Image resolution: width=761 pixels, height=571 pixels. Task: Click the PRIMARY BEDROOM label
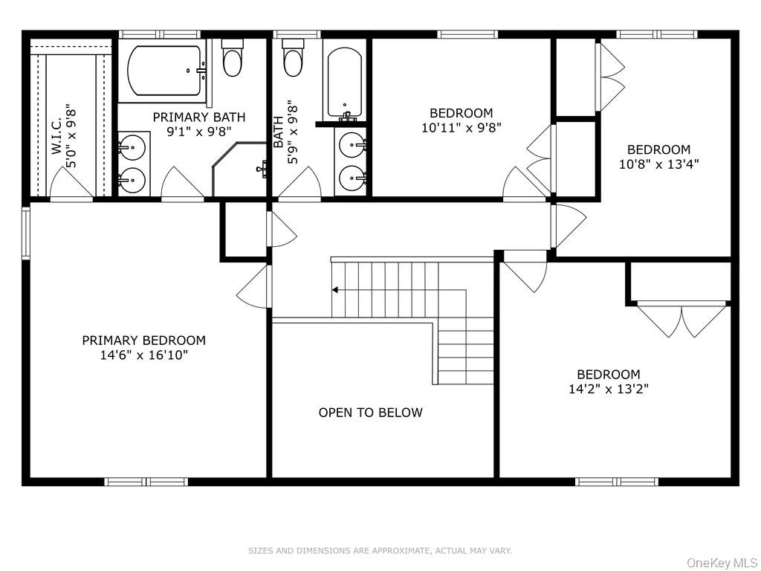tap(143, 341)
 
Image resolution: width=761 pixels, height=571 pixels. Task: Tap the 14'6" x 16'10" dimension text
tap(143, 355)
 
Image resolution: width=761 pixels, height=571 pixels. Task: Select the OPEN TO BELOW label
tap(370, 413)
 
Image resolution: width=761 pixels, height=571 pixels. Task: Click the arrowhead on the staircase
tap(335, 290)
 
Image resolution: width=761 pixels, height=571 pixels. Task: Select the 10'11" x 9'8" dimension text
tap(461, 128)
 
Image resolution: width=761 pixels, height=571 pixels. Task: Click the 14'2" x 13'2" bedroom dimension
tap(609, 389)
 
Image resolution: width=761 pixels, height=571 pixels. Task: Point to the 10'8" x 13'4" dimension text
tap(658, 164)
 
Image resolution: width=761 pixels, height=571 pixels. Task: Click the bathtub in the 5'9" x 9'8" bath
tap(345, 83)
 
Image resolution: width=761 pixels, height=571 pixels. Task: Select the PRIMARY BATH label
tap(199, 117)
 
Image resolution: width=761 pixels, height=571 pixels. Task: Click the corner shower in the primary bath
tap(239, 170)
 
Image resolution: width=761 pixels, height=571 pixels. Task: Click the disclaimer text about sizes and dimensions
tap(380, 551)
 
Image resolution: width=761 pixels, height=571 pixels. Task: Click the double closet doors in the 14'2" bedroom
tap(682, 320)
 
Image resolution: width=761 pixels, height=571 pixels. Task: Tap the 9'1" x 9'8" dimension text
tap(199, 132)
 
